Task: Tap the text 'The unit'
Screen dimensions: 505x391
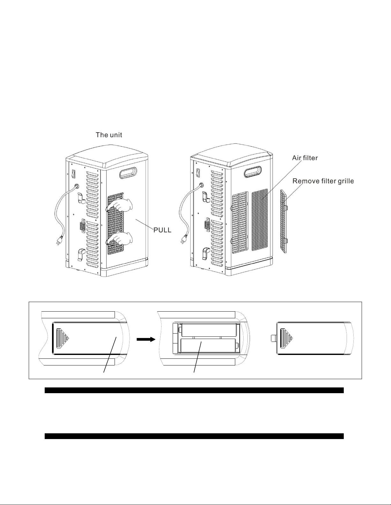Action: pyautogui.click(x=109, y=135)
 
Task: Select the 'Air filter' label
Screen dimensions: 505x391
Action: pyautogui.click(x=305, y=158)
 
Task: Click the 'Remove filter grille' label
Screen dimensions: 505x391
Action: pyautogui.click(x=323, y=181)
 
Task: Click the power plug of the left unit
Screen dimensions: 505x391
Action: pyautogui.click(x=59, y=243)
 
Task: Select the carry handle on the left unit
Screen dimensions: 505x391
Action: pyautogui.click(x=130, y=174)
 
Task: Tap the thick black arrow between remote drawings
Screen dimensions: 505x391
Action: pyautogui.click(x=146, y=340)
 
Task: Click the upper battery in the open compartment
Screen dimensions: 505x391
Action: pyautogui.click(x=209, y=330)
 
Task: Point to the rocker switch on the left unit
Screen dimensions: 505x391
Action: pyautogui.click(x=73, y=174)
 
